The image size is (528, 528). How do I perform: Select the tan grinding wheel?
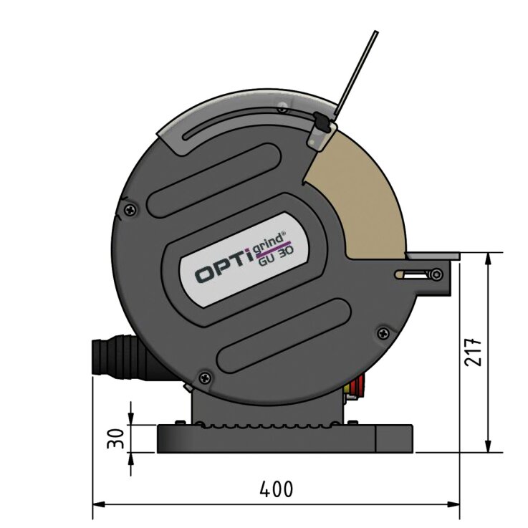(365, 201)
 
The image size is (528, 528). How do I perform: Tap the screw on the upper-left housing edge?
(128, 209)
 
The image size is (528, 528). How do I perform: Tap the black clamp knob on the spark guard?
(322, 128)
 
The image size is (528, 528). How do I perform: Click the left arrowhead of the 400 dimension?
(99, 505)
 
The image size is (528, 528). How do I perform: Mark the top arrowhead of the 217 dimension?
(489, 257)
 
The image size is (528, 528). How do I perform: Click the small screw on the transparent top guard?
(286, 108)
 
